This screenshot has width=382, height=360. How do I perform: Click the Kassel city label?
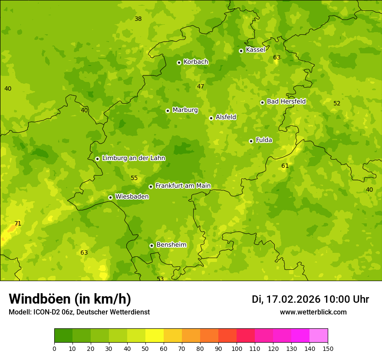[x=255, y=50]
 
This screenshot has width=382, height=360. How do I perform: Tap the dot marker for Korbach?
[x=179, y=62]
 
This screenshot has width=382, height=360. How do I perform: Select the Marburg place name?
[x=185, y=110]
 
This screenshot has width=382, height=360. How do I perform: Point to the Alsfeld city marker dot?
[x=211, y=118]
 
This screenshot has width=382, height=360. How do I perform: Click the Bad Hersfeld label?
[x=286, y=102]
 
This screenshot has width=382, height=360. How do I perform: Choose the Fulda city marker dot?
[x=251, y=141]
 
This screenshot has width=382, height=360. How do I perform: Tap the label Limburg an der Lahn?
[x=133, y=158]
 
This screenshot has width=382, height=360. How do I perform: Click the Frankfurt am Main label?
[x=183, y=186]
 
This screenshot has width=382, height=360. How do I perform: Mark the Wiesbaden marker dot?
[x=110, y=197]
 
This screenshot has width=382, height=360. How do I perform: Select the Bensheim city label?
[x=171, y=245]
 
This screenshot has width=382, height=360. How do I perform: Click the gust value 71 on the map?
[x=18, y=224]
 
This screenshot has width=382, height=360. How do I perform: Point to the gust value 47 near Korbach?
[x=201, y=87]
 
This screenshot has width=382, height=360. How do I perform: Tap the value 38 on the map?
[x=138, y=19]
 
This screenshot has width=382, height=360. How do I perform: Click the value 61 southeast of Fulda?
[x=285, y=166]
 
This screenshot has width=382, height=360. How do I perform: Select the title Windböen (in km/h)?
[x=69, y=299]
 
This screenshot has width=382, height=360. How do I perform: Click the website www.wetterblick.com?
[x=313, y=312]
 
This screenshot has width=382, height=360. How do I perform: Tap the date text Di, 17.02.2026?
[x=286, y=299]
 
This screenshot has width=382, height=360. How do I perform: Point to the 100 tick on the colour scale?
[x=237, y=348]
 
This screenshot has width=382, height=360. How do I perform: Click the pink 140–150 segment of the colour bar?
[x=319, y=335]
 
